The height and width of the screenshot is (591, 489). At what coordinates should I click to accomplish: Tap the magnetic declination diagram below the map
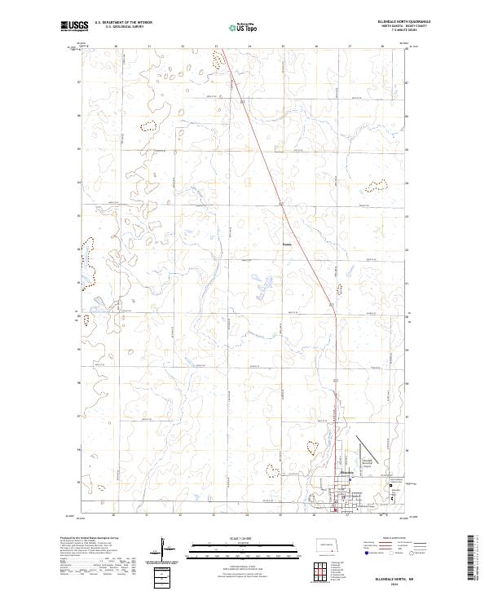coord(164,549)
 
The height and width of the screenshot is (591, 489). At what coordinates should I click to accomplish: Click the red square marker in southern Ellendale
coord(335,511)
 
